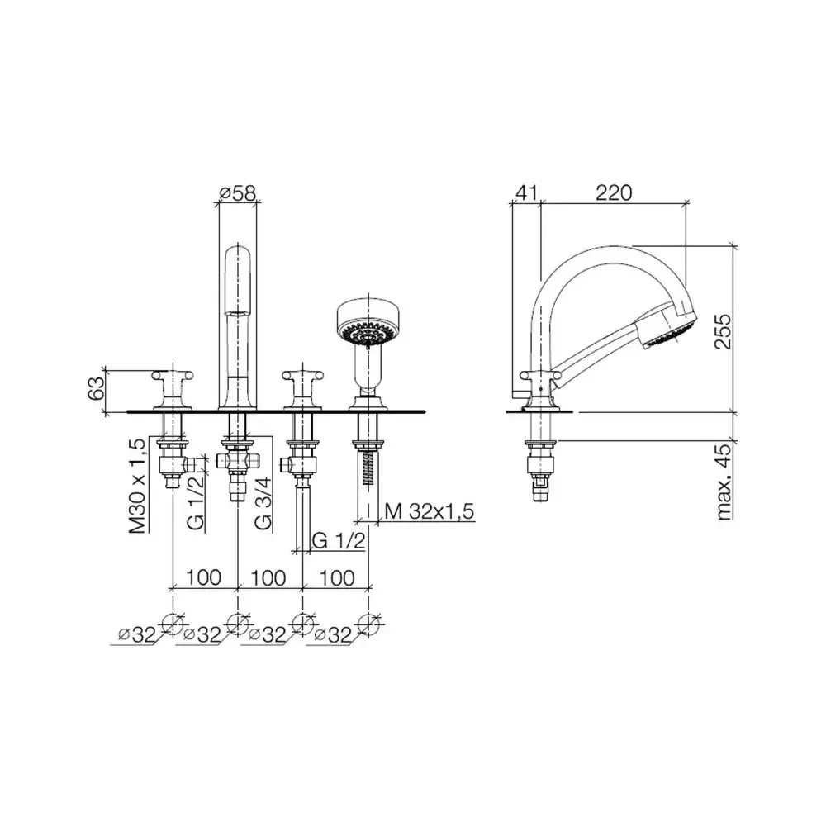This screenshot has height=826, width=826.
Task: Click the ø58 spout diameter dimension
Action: coord(238,193)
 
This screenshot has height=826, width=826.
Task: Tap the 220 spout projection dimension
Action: coord(614,192)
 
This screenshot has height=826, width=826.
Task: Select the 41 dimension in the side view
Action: coord(526,192)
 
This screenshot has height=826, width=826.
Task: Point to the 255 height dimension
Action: coord(724,331)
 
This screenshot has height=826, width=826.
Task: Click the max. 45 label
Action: coord(725,482)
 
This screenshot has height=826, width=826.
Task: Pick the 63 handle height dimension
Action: coord(97,389)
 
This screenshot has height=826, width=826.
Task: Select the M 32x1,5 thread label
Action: coord(430,511)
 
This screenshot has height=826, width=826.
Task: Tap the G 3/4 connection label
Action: coord(263,503)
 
